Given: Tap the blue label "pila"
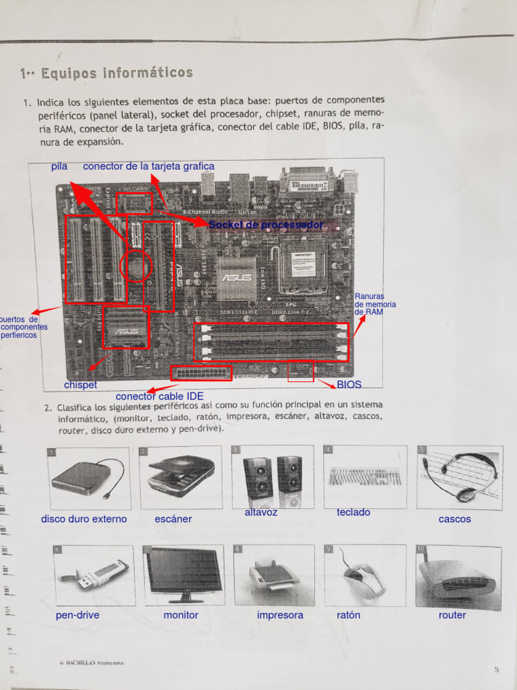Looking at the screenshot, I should click(x=59, y=166).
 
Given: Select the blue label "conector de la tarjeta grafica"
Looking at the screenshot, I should click(x=149, y=166).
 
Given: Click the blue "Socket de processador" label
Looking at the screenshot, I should click(x=265, y=224).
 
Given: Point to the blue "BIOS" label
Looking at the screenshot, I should click(x=349, y=385).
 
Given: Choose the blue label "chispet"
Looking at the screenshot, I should click(x=81, y=385).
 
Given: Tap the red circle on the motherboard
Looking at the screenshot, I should click(x=136, y=266).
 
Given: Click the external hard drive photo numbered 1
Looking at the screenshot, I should click(x=89, y=478).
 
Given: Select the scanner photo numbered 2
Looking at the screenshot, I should click(x=181, y=476).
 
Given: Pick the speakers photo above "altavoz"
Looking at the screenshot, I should click(x=272, y=476).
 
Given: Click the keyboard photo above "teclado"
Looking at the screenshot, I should click(x=365, y=476).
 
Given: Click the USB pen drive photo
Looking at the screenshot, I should click(x=93, y=575).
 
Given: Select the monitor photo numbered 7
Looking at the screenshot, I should click(x=183, y=575).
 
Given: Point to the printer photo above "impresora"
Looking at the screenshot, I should click(x=274, y=575).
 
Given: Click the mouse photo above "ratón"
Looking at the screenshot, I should click(x=364, y=575).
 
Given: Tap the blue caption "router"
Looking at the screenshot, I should click(x=452, y=615).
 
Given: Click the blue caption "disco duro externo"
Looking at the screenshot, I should click(x=83, y=519).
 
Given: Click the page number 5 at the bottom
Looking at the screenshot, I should click(x=496, y=669).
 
